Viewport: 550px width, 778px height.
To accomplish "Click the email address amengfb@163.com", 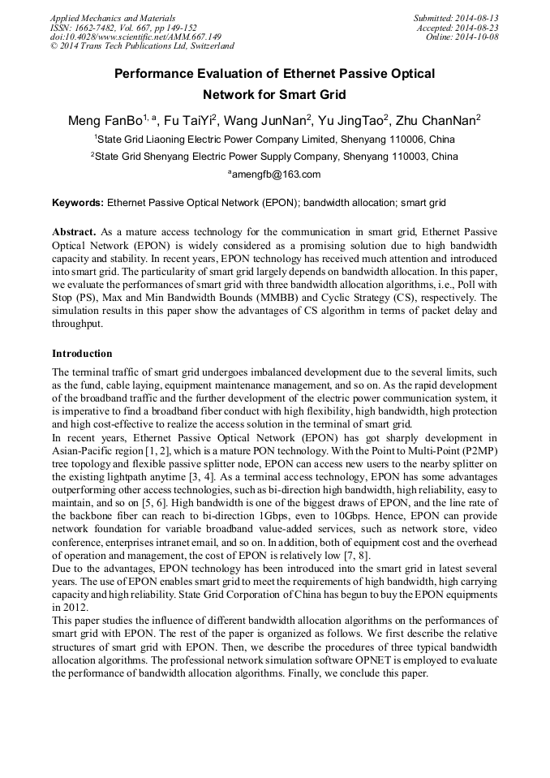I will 274,174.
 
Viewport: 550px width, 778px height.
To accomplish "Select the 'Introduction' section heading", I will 82,354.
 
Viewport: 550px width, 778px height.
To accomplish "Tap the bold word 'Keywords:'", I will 78,202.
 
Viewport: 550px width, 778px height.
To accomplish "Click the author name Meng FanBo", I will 105,121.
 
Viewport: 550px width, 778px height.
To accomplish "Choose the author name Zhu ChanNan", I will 441,121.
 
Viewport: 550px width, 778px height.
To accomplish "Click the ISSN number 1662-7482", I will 99,28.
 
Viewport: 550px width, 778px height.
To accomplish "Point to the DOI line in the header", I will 135,37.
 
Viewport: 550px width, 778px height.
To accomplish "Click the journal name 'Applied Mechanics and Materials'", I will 113,18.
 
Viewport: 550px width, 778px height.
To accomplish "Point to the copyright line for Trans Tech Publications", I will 142,46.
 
